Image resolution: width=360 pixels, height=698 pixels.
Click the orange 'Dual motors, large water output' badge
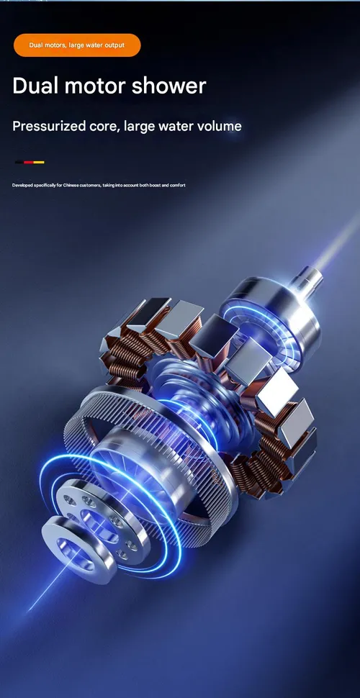click(77, 45)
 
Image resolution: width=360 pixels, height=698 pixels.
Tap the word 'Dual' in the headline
click(35, 86)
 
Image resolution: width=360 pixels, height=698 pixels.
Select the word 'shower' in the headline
click(169, 86)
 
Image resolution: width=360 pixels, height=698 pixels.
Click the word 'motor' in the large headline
click(95, 86)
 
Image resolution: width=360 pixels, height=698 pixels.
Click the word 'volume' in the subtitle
click(220, 126)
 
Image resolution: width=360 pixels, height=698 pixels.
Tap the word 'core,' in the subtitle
click(101, 127)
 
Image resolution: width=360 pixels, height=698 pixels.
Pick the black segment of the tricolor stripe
click(19, 162)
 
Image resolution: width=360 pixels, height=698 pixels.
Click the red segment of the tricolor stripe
click(29, 162)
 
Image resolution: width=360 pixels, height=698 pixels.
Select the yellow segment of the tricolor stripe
click(39, 162)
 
